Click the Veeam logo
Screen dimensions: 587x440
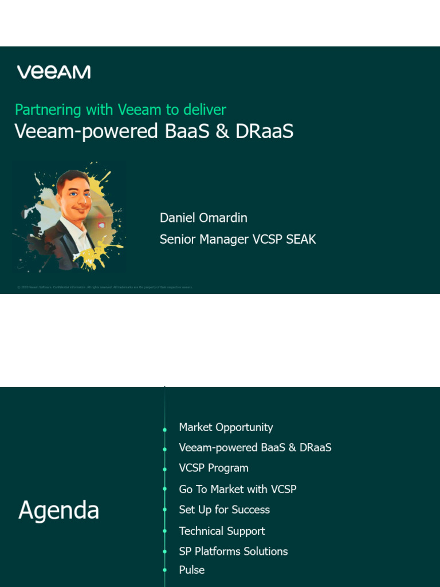coord(53,72)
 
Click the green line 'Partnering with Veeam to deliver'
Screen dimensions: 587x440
coord(120,109)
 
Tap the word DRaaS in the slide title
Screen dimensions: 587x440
coord(264,131)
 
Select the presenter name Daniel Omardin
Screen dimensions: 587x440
coord(203,218)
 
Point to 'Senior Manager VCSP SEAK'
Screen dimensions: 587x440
coord(238,239)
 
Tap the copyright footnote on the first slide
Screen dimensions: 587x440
coord(105,287)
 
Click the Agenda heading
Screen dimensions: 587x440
coord(58,510)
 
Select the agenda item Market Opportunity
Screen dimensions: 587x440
coord(226,427)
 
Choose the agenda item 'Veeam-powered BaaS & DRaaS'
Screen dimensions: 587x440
coord(255,448)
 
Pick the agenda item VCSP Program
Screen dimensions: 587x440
coord(214,468)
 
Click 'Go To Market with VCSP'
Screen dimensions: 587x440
coord(238,489)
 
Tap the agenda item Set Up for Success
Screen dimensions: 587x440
coord(224,510)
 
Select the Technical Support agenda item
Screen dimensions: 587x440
coord(222,531)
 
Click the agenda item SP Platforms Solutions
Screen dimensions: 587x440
coord(233,551)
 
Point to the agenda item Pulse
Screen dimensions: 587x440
coord(191,570)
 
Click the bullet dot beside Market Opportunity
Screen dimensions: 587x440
coord(165,429)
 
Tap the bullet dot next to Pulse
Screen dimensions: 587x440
coord(165,571)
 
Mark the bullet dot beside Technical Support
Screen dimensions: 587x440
coord(165,532)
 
